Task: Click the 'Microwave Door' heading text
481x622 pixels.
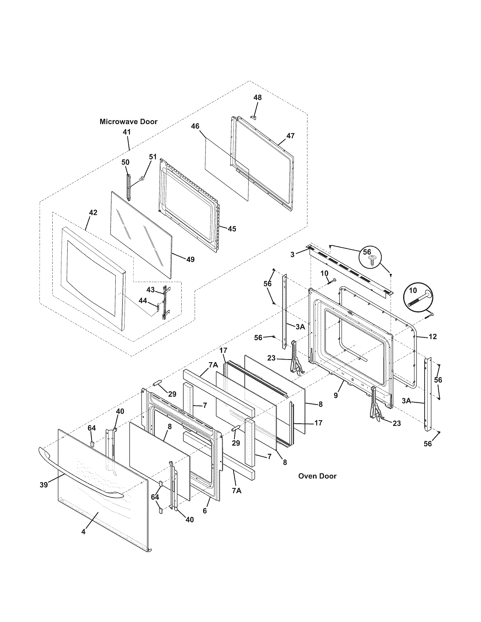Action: (128, 122)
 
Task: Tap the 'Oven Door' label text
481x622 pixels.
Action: (317, 476)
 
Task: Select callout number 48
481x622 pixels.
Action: (257, 98)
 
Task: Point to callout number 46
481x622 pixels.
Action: (195, 126)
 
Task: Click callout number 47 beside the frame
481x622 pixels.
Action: (290, 136)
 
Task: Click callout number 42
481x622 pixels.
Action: (93, 213)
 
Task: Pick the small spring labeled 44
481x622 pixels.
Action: (157, 306)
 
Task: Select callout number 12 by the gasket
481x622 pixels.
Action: (432, 336)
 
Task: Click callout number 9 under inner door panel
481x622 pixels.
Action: (336, 395)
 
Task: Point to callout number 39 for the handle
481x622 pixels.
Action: (44, 485)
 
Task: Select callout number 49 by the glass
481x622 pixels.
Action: (190, 259)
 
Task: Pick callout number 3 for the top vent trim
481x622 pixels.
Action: (293, 254)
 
